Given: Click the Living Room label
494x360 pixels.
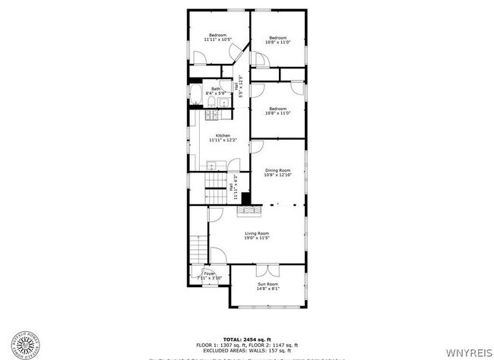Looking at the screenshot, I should coord(256,236).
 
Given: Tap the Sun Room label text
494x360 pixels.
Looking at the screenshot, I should coord(267,287).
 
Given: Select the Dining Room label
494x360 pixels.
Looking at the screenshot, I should coord(277,172).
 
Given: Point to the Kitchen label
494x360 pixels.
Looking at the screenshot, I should coord(222,137).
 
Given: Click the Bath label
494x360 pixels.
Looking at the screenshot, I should coord(216,91).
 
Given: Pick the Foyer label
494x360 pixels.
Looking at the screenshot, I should coord(209,276).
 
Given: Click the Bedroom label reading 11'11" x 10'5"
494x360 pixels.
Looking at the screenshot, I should coord(219,38).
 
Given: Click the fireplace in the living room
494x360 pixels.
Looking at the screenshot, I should coord(256,210).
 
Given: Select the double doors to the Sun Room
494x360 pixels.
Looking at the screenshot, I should coord(267,270).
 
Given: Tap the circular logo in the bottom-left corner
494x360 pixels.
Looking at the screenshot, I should coord(24,345).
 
